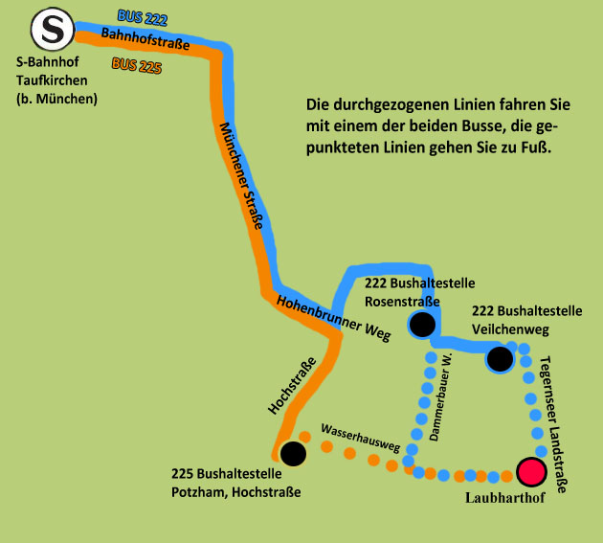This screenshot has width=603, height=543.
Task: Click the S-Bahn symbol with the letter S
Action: pos(53,32)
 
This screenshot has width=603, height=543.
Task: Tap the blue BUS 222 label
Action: pos(142,19)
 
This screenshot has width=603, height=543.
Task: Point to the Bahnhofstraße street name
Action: pos(145,41)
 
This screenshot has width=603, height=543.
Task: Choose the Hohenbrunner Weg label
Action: pos(334,317)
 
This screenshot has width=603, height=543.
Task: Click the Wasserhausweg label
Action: pos(359,436)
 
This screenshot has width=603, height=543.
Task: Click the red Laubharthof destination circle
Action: pos(530,472)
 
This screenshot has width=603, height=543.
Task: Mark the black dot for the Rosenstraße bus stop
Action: pos(422,326)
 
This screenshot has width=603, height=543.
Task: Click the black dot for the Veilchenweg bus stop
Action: pos(499,360)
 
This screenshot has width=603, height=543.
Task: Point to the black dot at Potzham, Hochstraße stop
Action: pos(293,453)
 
